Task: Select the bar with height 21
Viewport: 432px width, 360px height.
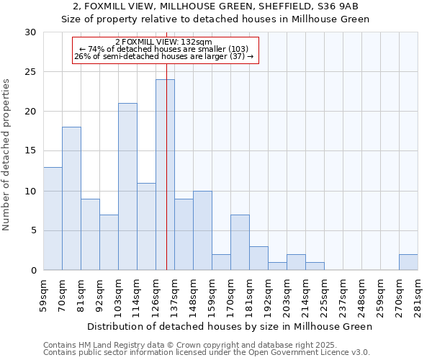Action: (127, 186)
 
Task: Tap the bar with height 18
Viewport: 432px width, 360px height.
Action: (71, 199)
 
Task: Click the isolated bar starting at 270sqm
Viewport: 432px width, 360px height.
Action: (408, 262)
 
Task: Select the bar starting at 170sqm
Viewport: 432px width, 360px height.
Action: (240, 243)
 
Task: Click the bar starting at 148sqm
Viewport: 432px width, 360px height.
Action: (202, 230)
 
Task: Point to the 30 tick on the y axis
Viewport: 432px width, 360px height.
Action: (30, 32)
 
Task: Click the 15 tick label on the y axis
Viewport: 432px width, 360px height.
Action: (30, 151)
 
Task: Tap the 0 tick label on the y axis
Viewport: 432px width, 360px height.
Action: (33, 270)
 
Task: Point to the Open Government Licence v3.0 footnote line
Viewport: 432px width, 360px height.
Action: (207, 353)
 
